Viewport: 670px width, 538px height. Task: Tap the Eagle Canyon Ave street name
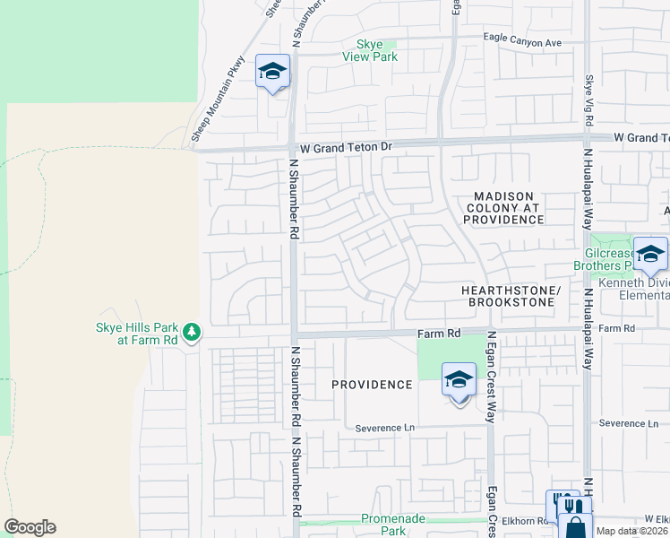click(x=522, y=41)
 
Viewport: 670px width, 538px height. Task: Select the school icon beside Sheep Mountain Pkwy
click(x=272, y=72)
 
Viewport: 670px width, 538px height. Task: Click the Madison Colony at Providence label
click(x=504, y=207)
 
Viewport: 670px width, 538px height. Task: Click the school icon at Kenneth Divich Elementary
click(x=650, y=254)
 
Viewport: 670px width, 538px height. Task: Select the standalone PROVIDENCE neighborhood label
click(x=372, y=385)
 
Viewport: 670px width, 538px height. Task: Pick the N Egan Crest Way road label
click(x=491, y=377)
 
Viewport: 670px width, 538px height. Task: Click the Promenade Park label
click(x=396, y=524)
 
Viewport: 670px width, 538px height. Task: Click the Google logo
click(x=30, y=527)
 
